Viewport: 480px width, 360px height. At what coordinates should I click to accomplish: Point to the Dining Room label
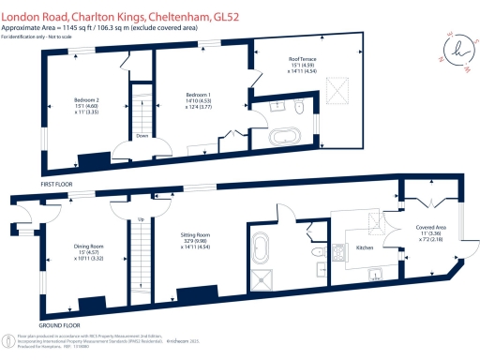click(x=88, y=250)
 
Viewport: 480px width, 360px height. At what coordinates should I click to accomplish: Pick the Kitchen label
click(x=365, y=248)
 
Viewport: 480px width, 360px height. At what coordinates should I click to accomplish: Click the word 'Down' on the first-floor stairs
click(x=142, y=134)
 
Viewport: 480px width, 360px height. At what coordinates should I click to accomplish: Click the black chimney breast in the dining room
click(x=93, y=305)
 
